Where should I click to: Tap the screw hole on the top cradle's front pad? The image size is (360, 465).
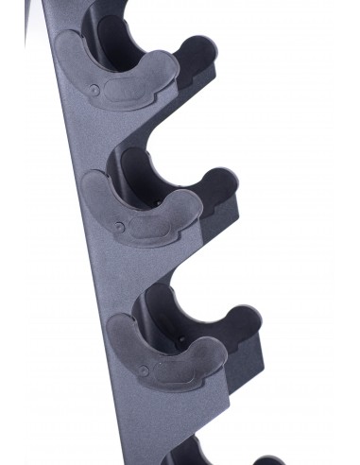[x=94, y=90]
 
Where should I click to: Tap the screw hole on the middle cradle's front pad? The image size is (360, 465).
[x=116, y=227]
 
